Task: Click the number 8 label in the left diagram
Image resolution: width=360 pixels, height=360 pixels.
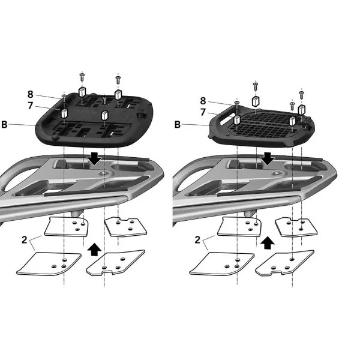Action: pos(30,94)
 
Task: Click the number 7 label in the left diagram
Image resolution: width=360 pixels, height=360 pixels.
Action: pos(30,106)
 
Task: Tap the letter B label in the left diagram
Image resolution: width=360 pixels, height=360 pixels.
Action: pos(5,125)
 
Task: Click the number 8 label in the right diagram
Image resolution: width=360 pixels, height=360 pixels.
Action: pos(203,101)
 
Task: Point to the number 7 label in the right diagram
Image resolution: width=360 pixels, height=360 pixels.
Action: pos(203,112)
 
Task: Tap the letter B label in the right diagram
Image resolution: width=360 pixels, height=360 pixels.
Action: pos(178,125)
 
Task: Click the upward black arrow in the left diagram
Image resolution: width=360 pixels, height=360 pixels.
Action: pos(93,248)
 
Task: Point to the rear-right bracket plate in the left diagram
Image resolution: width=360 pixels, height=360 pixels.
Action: pos(125,226)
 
